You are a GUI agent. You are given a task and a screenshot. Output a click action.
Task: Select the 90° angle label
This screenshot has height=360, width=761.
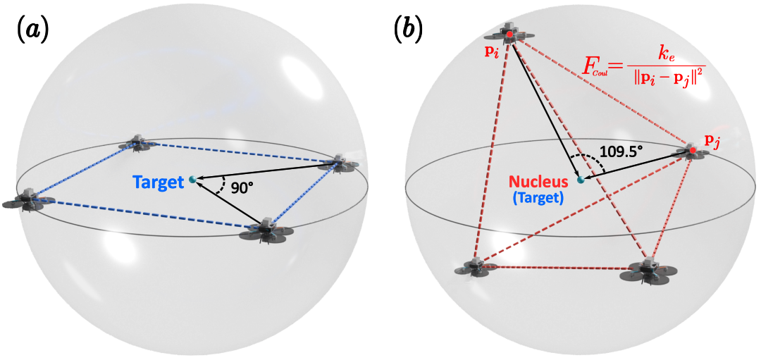click(x=238, y=189)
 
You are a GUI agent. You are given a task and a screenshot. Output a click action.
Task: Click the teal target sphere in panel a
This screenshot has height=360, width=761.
click(x=193, y=180)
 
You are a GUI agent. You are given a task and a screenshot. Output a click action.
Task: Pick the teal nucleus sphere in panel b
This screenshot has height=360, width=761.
click(x=580, y=180)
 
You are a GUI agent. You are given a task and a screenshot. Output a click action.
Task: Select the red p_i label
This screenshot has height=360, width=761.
click(x=483, y=51)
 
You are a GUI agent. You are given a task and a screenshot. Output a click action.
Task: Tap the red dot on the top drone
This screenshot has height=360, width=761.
click(x=509, y=35)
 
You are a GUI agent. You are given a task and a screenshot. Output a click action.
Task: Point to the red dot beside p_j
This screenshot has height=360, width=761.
click(x=693, y=152)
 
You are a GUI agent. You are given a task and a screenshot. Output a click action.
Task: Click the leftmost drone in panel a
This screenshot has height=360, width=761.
click(x=23, y=200)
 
